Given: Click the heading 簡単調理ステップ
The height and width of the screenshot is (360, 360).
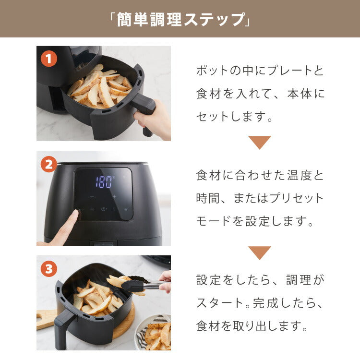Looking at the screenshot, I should tap(180, 19).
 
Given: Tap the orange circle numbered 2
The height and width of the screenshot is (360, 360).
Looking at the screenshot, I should tap(48, 165).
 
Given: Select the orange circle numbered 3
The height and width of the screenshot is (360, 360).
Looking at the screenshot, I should tap(48, 269).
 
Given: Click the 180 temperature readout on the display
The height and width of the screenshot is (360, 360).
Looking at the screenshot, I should tap(104, 182).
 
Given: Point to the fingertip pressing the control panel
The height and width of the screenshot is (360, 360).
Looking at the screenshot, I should tap(74, 215).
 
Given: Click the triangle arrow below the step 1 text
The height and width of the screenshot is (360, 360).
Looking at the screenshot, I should tap(260, 142).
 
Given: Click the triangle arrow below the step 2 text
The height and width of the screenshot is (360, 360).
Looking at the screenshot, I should tap(260, 252).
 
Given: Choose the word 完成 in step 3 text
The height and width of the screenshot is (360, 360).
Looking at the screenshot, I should tap(264, 303).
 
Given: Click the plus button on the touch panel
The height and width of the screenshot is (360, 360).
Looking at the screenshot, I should tap(114, 196).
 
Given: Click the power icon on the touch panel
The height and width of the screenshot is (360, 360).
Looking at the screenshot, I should tap(103, 209).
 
